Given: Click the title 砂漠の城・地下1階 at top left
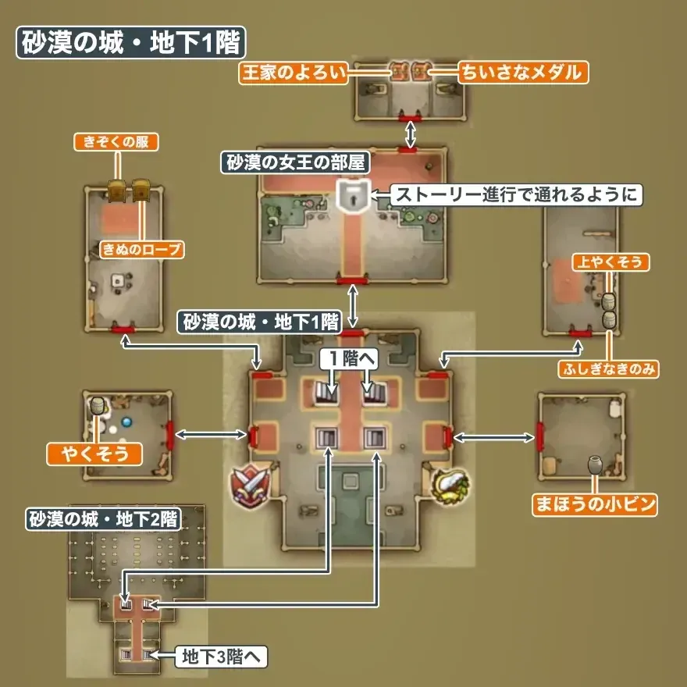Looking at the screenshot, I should [x=128, y=44].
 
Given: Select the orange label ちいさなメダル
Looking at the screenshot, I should [x=522, y=73].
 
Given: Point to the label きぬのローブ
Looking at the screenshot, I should [x=142, y=250].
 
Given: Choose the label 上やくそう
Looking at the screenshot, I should [x=610, y=262].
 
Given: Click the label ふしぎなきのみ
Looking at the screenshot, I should [x=608, y=368].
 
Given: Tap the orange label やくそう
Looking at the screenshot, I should [x=94, y=453].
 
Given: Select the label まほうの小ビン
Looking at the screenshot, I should [x=594, y=504].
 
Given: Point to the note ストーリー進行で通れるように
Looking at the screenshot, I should [x=515, y=194].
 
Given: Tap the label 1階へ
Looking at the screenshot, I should [x=350, y=359].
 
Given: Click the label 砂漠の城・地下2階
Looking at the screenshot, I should [x=103, y=520].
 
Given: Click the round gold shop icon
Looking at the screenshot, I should [x=449, y=486].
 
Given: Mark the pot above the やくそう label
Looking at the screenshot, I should [x=98, y=406].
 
